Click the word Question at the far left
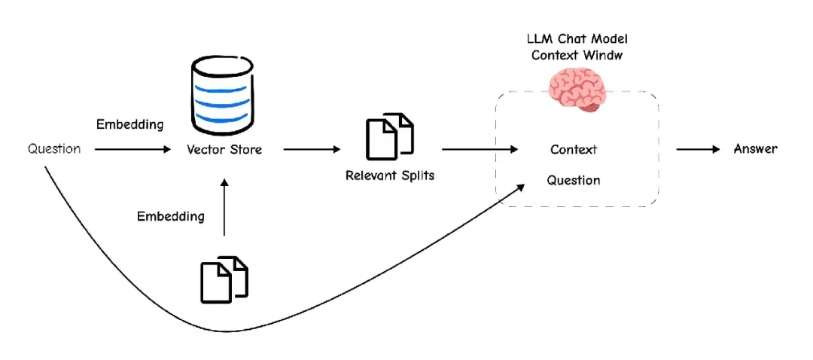point(54,149)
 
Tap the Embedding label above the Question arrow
point(129,124)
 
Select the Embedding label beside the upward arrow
point(170,217)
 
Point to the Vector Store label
point(224,150)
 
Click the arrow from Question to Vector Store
point(133,150)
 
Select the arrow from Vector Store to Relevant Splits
point(311,150)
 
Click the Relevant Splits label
point(389,176)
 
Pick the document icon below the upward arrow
point(224,279)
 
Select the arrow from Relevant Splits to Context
point(480,150)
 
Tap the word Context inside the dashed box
point(574,150)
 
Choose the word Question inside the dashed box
point(574,181)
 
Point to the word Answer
point(756,149)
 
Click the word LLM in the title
point(538,39)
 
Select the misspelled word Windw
point(607,55)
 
